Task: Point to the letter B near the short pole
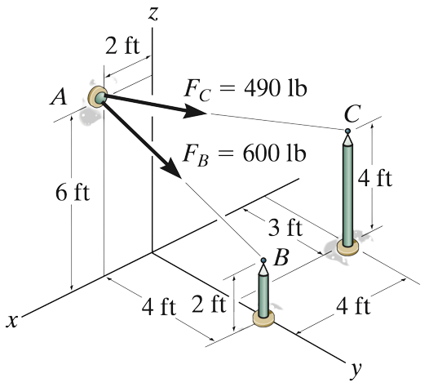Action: tap(282, 260)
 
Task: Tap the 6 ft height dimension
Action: tap(72, 194)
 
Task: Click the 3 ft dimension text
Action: tap(285, 226)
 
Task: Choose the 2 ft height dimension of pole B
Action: tap(210, 307)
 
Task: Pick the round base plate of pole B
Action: tap(263, 318)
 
